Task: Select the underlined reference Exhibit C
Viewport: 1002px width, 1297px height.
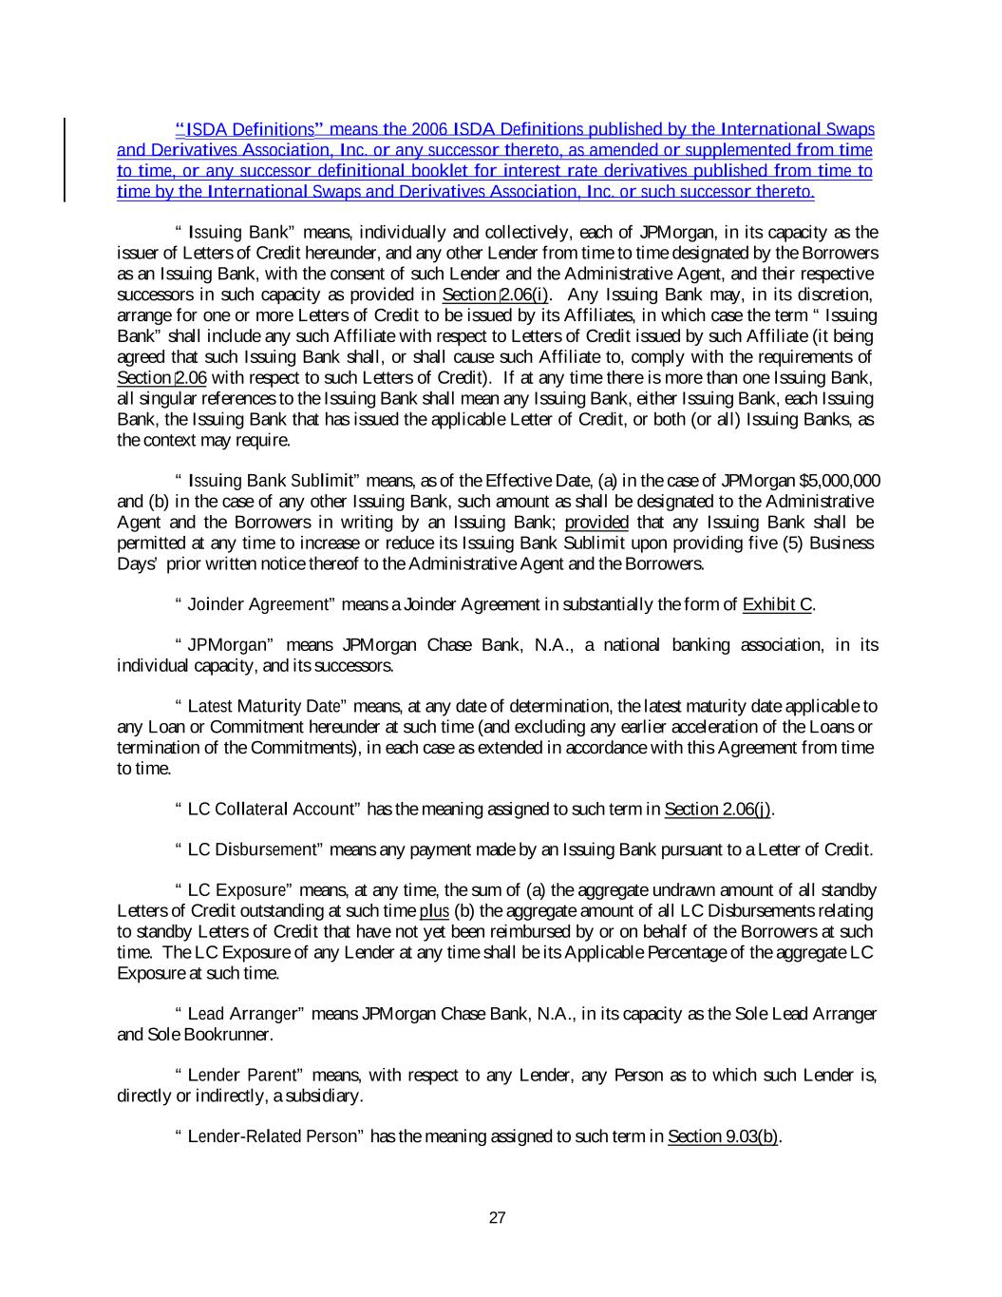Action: click(778, 604)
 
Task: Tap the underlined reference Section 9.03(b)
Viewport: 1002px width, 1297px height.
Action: click(724, 1136)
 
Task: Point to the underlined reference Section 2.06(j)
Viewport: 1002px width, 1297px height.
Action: click(718, 809)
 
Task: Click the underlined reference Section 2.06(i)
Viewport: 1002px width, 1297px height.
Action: click(496, 295)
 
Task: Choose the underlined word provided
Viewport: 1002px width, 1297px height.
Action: click(596, 522)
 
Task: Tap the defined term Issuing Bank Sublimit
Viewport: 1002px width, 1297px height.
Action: click(271, 481)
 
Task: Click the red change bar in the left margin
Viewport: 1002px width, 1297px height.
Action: click(65, 160)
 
